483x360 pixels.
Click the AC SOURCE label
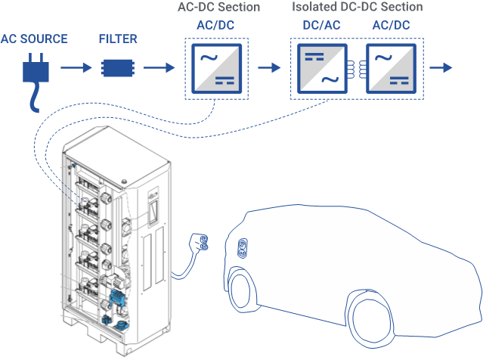coord(34,38)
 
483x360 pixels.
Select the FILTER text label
coord(117,38)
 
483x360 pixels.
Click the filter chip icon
coord(116,68)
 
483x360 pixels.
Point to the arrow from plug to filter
coord(75,68)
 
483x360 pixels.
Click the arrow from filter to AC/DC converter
coord(160,68)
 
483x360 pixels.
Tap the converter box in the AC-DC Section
coord(217,68)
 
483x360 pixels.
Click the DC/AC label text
coord(320,25)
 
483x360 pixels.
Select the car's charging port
coord(243,248)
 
